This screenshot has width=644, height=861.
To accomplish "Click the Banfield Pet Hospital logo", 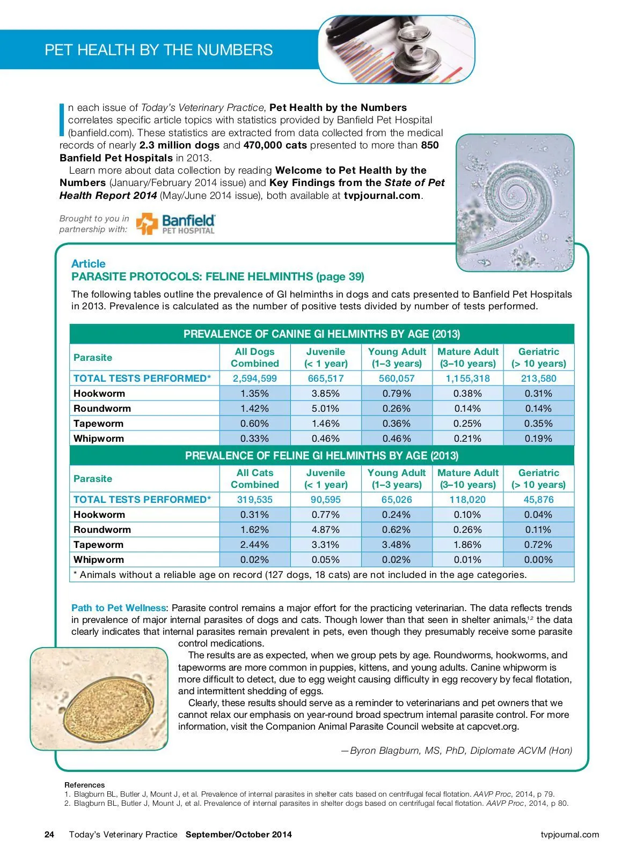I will [x=175, y=224].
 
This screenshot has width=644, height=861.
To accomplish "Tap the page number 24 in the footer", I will [x=49, y=834].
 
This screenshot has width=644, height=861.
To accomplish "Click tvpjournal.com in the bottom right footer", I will [x=570, y=834].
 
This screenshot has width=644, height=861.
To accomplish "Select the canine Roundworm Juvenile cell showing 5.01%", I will [x=325, y=409].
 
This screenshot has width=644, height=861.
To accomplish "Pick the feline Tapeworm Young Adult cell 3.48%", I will [x=396, y=545].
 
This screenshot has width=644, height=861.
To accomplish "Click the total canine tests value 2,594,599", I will [x=254, y=378].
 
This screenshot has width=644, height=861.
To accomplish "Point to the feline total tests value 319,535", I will [x=254, y=500].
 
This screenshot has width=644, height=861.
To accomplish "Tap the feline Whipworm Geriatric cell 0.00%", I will [x=538, y=560].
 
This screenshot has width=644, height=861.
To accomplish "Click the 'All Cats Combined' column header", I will [x=254, y=479].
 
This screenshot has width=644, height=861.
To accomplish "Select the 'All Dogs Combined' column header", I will [x=254, y=358].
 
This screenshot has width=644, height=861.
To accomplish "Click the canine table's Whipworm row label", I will [x=99, y=439].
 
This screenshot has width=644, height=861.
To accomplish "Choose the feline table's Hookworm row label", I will [x=99, y=515].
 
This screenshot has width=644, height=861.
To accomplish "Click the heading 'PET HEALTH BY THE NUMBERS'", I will [x=159, y=50].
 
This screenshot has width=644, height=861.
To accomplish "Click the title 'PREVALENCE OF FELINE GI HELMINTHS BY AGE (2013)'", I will [x=321, y=456].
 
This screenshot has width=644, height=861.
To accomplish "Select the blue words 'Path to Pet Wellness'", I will [x=119, y=608].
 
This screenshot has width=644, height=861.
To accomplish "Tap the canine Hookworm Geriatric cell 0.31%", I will [x=538, y=394].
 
